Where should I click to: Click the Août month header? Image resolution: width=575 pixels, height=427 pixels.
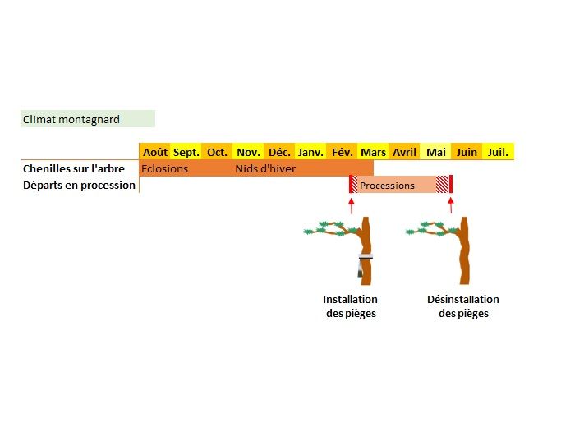pyautogui.click(x=155, y=152)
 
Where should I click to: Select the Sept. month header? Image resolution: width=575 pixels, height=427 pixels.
pyautogui.click(x=186, y=152)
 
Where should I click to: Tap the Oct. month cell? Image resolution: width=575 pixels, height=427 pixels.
pyautogui.click(x=218, y=152)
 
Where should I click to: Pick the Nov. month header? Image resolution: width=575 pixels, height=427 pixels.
pyautogui.click(x=249, y=152)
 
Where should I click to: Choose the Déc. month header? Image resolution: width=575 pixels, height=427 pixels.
pyautogui.click(x=280, y=152)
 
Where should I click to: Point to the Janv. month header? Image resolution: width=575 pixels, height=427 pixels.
pyautogui.click(x=310, y=152)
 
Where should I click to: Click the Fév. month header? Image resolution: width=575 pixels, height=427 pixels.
pyautogui.click(x=342, y=152)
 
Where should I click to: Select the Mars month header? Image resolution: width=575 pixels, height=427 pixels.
pyautogui.click(x=374, y=152)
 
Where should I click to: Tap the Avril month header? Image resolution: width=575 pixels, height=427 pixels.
pyautogui.click(x=404, y=152)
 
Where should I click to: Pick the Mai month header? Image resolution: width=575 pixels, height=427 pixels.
pyautogui.click(x=436, y=152)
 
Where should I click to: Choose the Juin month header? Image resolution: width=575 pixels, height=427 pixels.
pyautogui.click(x=467, y=152)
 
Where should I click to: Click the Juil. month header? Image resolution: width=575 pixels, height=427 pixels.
pyautogui.click(x=498, y=152)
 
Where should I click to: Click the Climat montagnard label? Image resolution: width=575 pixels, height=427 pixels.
pyautogui.click(x=71, y=119)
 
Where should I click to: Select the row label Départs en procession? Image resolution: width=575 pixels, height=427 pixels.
pyautogui.click(x=79, y=185)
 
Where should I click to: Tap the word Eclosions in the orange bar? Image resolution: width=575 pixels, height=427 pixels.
pyautogui.click(x=165, y=169)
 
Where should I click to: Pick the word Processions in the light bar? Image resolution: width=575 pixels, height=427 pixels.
pyautogui.click(x=388, y=186)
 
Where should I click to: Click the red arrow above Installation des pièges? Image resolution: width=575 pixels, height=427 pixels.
pyautogui.click(x=352, y=205)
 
